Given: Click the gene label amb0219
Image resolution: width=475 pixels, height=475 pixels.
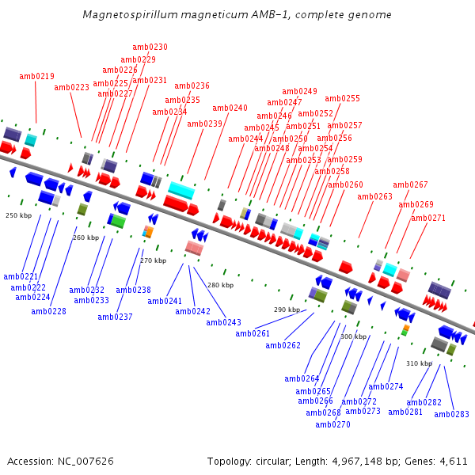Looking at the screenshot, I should (36, 77).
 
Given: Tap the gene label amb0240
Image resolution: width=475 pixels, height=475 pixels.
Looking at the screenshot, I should (230, 108).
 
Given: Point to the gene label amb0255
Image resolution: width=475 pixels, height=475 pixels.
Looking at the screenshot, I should (342, 99).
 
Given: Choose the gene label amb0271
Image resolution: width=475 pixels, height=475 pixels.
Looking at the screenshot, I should (427, 218).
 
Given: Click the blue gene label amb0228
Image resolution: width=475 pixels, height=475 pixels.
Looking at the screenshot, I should (49, 312).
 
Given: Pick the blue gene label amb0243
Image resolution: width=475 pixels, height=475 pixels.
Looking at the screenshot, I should (224, 323).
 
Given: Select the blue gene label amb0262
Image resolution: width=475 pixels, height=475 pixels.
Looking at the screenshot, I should (283, 346).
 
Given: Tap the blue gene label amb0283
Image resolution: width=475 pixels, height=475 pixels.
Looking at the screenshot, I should (451, 415).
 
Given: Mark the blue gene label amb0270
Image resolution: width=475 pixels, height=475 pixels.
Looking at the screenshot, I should (332, 425).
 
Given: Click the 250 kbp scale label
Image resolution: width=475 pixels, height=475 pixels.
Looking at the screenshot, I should (18, 215).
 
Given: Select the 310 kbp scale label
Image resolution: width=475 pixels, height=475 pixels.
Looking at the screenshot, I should (420, 364).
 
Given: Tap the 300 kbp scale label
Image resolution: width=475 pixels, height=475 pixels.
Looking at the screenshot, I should (353, 336).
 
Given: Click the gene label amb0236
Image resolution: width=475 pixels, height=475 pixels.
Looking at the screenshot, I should (192, 86).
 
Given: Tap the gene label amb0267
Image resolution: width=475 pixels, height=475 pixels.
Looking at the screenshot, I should (410, 185).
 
